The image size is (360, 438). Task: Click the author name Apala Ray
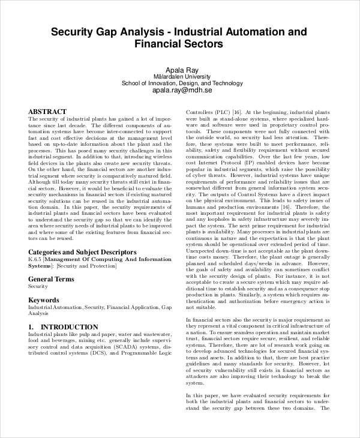pyautogui.click(x=181, y=69)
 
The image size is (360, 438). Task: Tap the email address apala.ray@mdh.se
pyautogui.click(x=181, y=91)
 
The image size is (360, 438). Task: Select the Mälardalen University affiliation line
pyautogui.click(x=181, y=76)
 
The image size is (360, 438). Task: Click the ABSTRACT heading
pyautogui.click(x=47, y=112)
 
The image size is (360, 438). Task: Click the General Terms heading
pyautogui.click(x=52, y=279)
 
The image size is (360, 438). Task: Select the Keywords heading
pyautogui.click(x=44, y=299)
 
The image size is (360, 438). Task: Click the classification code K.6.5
pyautogui.click(x=35, y=259)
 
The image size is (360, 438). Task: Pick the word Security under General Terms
pyautogui.click(x=38, y=287)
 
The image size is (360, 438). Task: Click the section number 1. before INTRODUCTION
pyautogui.click(x=32, y=327)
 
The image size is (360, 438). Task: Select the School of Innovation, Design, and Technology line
pyautogui.click(x=181, y=83)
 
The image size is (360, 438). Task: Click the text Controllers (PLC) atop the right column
pyautogui.click(x=206, y=112)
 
